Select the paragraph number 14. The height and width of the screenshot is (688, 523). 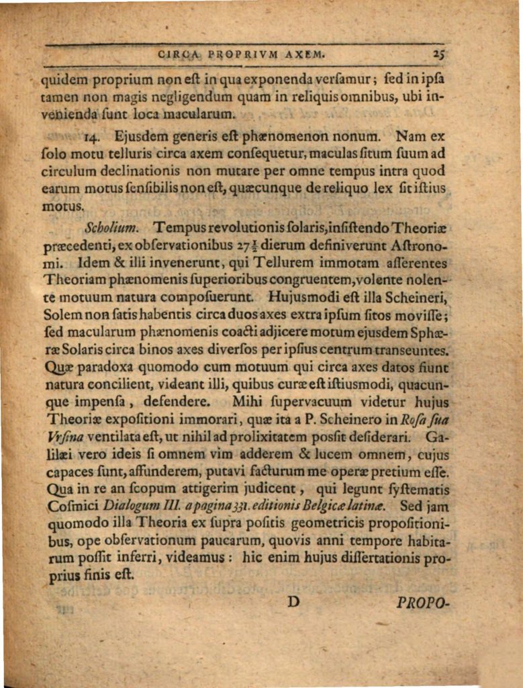(93, 139)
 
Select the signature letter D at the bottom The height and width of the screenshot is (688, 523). (293, 601)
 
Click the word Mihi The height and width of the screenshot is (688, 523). (248, 402)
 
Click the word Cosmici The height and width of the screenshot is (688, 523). (74, 505)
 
